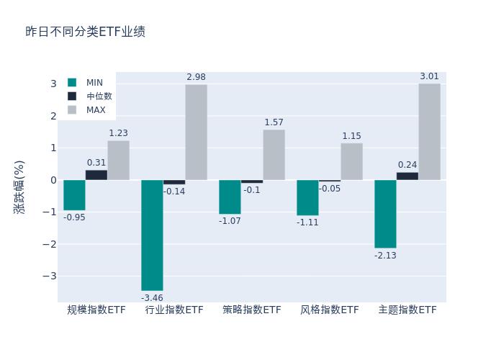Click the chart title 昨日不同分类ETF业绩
85,32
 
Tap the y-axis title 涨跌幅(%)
19,186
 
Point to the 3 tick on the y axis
53,84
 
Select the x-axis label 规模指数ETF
96,310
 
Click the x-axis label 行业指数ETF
174,310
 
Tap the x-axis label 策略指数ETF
252,310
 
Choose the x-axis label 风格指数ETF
330,310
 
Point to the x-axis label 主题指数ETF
408,310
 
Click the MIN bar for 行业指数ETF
152,235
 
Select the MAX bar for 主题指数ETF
429,132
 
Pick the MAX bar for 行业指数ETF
196,132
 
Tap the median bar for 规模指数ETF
96,175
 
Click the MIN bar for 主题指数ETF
385,214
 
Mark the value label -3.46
152,297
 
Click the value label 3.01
429,76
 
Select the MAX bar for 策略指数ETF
274,155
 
